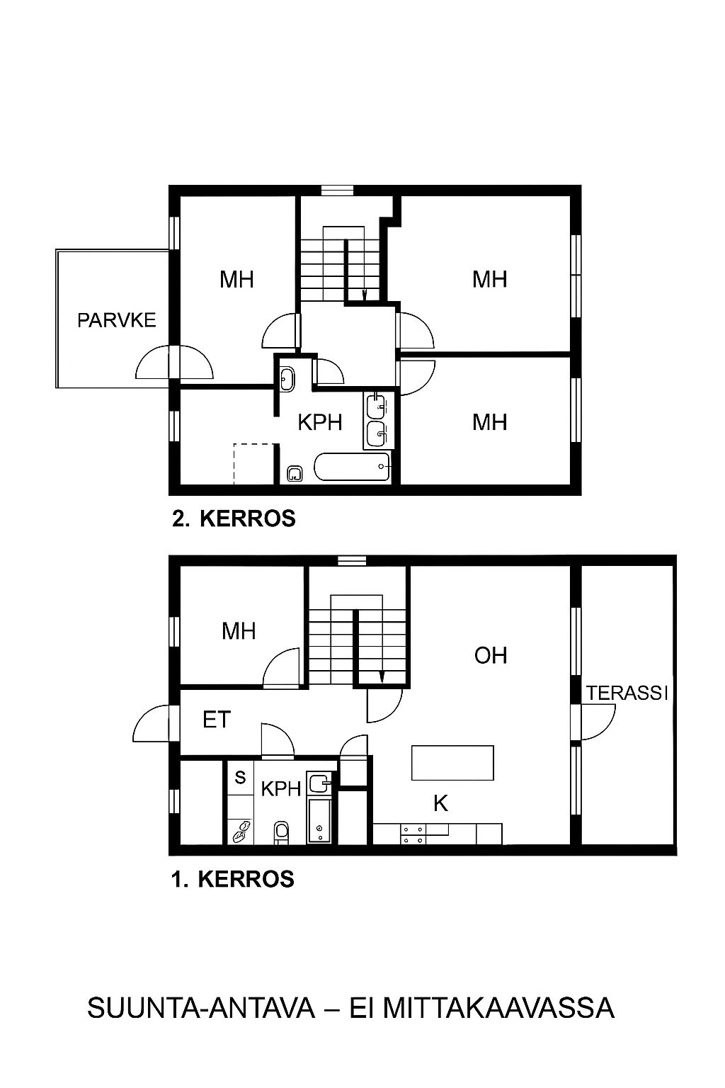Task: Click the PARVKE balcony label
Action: point(117,321)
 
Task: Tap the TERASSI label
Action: point(627,693)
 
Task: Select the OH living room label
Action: point(491,656)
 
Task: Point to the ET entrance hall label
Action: point(217,720)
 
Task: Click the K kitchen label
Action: point(440,804)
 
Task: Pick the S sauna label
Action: point(240,778)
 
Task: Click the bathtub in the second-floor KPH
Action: point(352,467)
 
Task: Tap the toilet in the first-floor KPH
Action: point(281,832)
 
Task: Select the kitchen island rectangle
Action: point(452,763)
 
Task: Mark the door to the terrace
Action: point(598,722)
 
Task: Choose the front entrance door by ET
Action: point(151,723)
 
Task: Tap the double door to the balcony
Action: point(174,361)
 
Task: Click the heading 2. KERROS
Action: point(234,518)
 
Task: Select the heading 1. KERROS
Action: point(233,879)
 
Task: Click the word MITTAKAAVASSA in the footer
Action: point(498,1008)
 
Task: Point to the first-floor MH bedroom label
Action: point(239,631)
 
